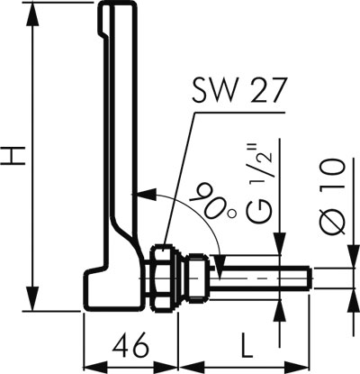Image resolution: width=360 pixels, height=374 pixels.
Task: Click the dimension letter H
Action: pyautogui.click(x=13, y=155)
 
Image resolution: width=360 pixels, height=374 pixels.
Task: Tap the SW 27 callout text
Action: pyautogui.click(x=238, y=90)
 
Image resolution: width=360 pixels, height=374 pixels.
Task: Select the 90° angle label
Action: pyautogui.click(x=211, y=201)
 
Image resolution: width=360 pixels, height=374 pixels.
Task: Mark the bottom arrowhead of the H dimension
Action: pyautogui.click(x=33, y=298)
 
